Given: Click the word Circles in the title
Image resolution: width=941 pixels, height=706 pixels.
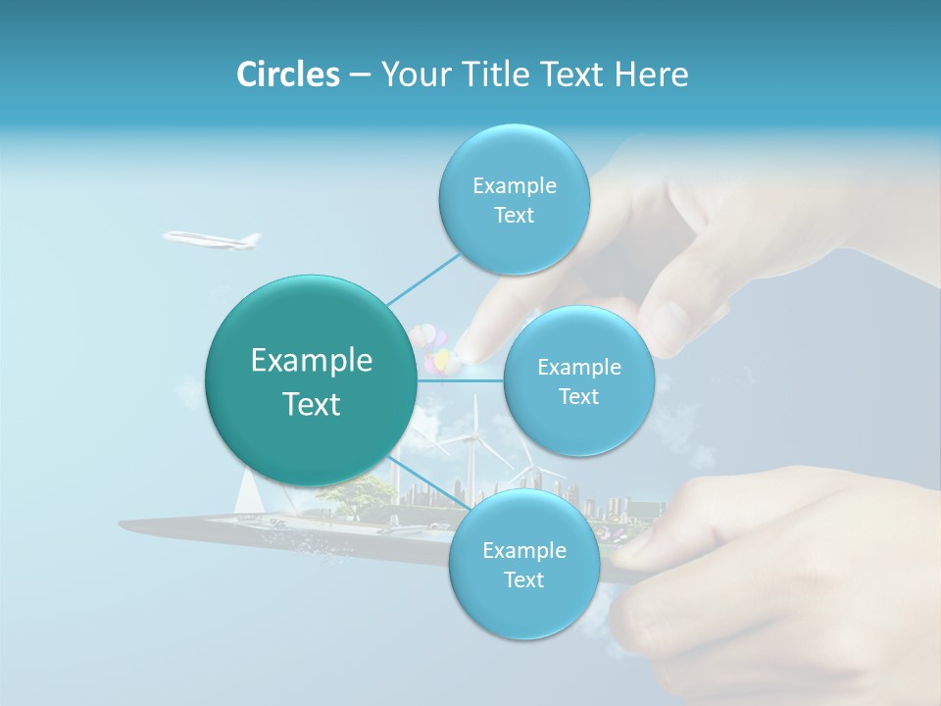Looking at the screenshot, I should (287, 75).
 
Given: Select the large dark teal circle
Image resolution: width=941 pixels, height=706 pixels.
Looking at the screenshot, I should (312, 381).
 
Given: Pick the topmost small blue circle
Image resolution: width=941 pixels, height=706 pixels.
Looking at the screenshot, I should (514, 200).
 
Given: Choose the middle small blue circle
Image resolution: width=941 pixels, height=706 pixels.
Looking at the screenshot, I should (578, 380).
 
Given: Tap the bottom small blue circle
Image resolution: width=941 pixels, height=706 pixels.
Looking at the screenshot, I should (523, 565).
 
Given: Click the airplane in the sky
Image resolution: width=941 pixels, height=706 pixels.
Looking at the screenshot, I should (212, 238).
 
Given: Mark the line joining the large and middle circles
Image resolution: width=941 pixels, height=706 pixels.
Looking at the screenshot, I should (461, 380).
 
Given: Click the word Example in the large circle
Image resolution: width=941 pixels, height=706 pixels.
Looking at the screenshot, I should (312, 361).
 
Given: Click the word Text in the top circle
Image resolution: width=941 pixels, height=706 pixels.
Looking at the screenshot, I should (514, 216).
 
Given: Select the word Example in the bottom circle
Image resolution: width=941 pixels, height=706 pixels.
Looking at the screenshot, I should (523, 550).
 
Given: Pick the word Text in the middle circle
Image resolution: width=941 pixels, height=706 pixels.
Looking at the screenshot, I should (578, 396).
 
